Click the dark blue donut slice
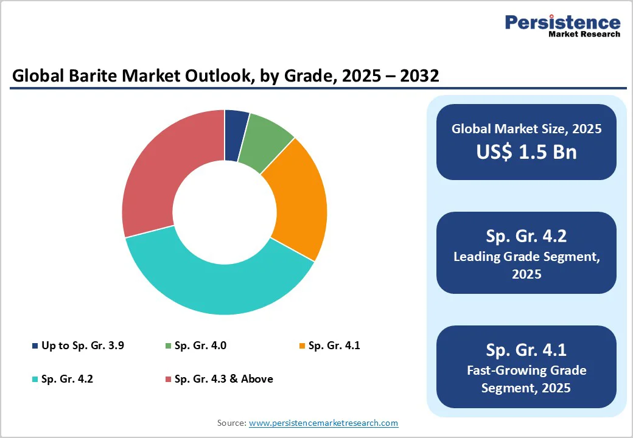point(236,135)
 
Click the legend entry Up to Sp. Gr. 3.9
point(83,346)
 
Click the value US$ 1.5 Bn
point(526,151)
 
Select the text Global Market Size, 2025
point(526,128)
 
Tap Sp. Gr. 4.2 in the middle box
point(526,236)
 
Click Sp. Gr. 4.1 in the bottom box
point(526,350)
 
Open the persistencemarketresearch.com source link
point(323,422)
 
